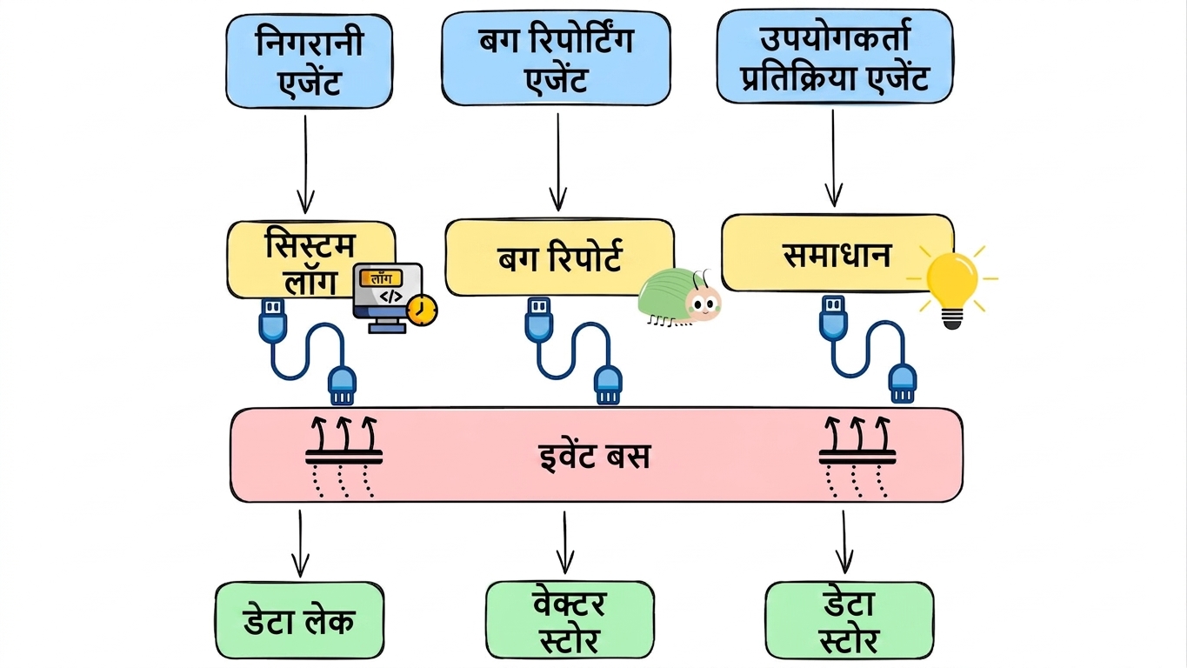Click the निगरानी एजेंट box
tap(309, 62)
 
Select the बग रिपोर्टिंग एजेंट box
tap(556, 58)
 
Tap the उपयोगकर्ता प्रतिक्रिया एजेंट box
tap(835, 56)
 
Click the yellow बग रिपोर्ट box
tap(560, 257)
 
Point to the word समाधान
tap(837, 255)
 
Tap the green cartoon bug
tap(679, 297)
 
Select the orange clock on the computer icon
tap(422, 310)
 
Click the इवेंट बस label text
tap(594, 457)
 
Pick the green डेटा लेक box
tap(299, 620)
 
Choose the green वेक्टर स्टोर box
tap(570, 620)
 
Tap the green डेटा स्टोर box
tap(850, 620)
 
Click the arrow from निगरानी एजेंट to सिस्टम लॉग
tap(305, 165)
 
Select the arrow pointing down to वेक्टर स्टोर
tap(565, 543)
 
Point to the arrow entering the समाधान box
tap(834, 158)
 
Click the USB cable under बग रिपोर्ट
tap(573, 351)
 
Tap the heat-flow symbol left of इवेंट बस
tap(343, 457)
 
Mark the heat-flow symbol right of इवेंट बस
tap(857, 457)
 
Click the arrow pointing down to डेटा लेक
tap(301, 544)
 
